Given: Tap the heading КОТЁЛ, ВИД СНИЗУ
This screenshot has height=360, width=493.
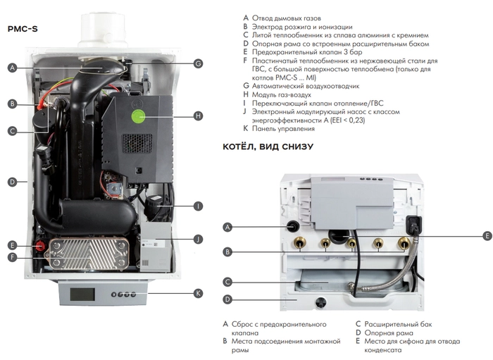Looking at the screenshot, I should point(268,147).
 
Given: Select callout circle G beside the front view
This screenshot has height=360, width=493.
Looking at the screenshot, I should point(198,63).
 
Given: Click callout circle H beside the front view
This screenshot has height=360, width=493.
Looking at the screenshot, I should point(198,115).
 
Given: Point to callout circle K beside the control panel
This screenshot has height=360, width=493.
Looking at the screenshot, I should point(198,292).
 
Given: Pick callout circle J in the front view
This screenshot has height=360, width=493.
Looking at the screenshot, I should point(198,239).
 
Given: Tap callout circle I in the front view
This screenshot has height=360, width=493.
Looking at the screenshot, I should point(198,206).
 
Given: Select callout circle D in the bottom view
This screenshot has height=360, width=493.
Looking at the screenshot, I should point(227,299).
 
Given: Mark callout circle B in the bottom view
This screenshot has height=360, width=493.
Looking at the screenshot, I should point(227,252).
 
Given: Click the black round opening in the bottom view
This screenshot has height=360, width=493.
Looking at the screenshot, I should point(291,227).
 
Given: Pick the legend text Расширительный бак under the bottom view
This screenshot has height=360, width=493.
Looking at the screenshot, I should point(398,325).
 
